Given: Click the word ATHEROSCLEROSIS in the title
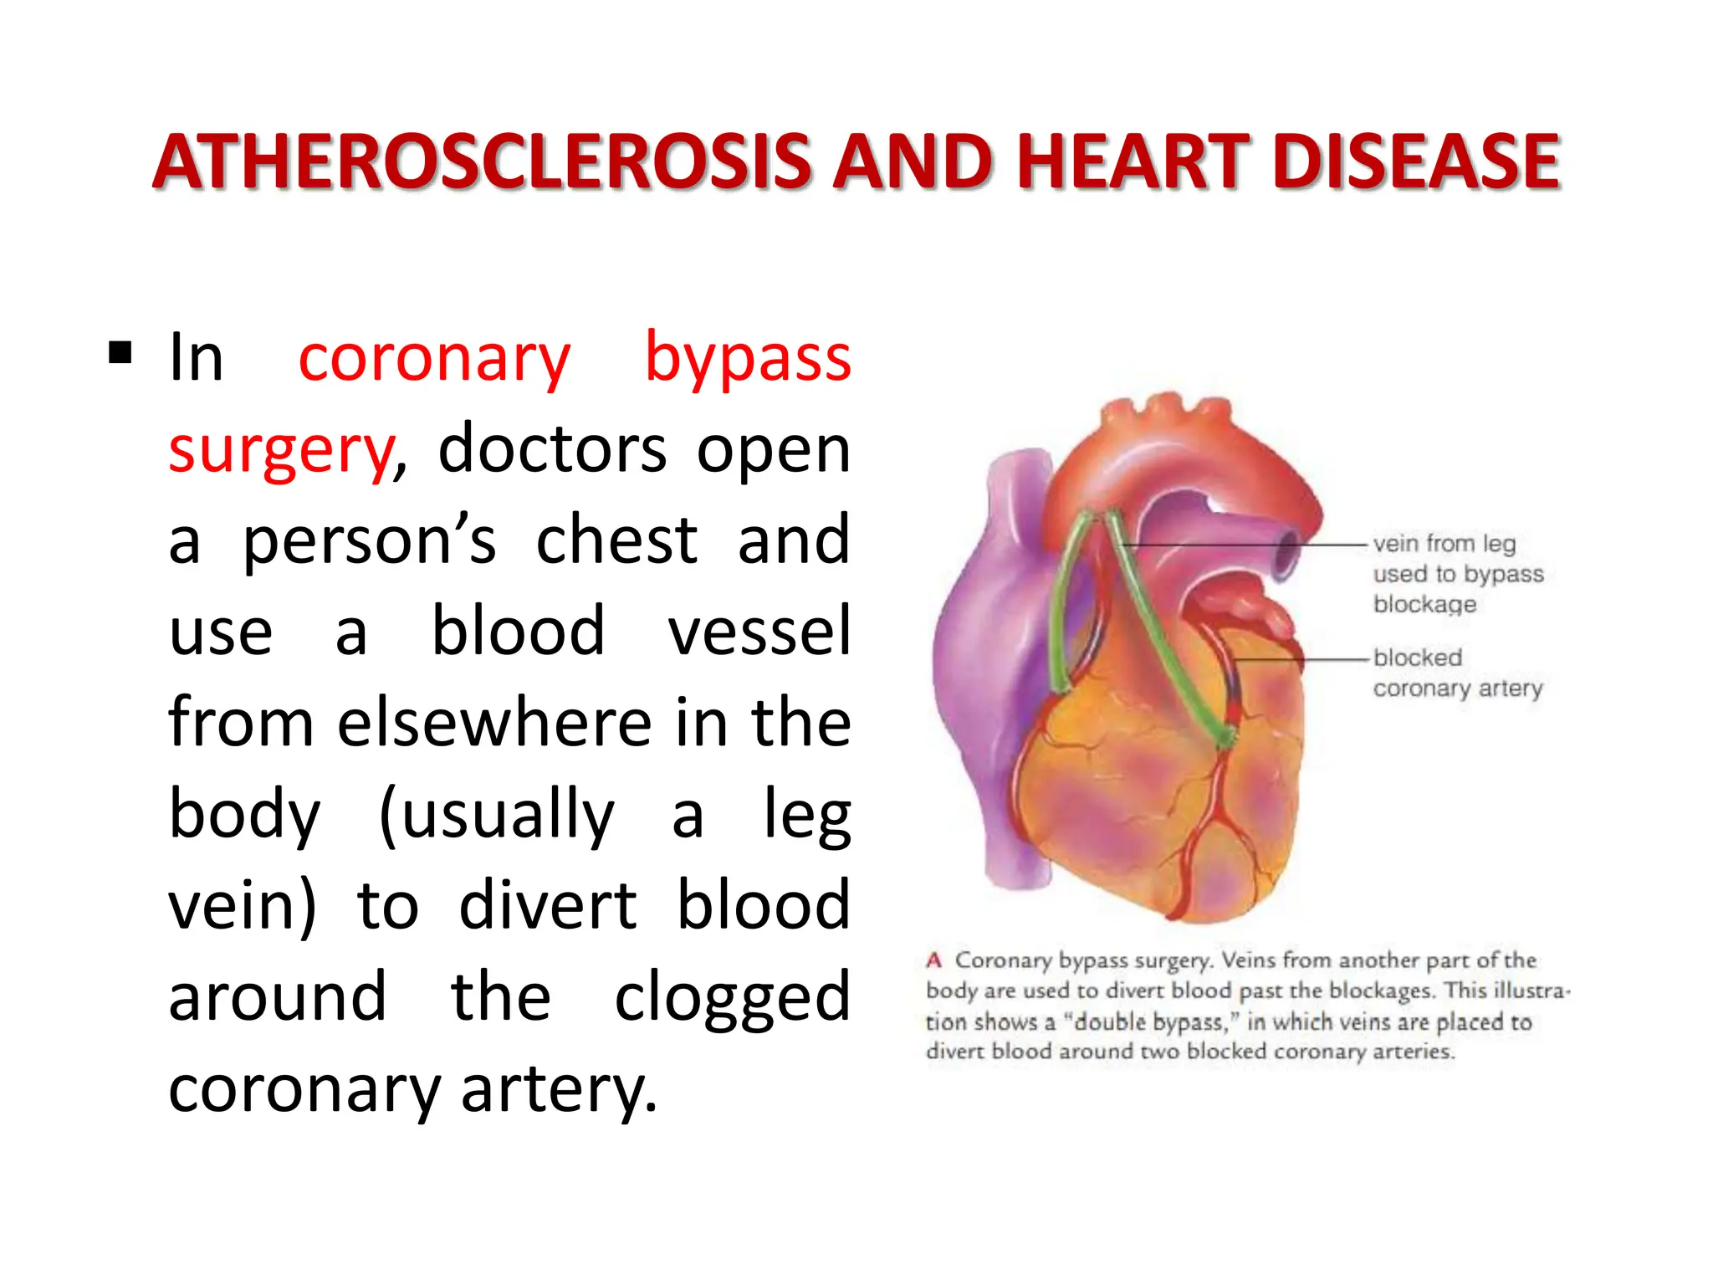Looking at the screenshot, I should [x=483, y=162].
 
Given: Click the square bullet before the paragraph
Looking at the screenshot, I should [x=120, y=353].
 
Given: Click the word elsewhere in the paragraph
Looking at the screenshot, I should [x=494, y=723].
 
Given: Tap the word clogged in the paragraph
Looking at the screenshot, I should [x=732, y=997].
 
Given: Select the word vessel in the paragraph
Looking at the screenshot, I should [x=759, y=632].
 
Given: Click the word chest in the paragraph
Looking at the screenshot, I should [x=616, y=540].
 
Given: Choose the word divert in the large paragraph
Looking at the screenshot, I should [x=548, y=905].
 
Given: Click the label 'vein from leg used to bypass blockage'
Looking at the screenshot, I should [x=1457, y=574].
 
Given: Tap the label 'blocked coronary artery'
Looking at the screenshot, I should [x=1457, y=673].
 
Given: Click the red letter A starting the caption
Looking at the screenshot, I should [x=934, y=960].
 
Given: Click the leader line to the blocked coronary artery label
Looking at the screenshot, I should [x=1305, y=659].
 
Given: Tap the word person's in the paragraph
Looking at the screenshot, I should [x=369, y=540].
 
